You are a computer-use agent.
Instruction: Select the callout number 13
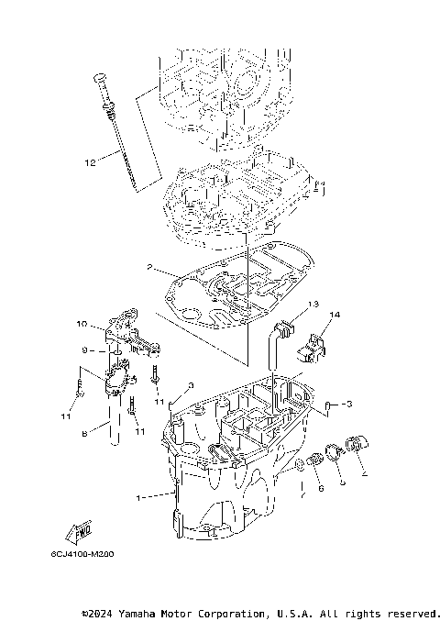(x=313, y=304)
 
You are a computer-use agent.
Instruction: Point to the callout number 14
(x=335, y=316)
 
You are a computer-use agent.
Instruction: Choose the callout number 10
(x=81, y=325)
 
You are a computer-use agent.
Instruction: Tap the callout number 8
(x=82, y=434)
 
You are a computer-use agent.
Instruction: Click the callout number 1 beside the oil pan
(x=140, y=498)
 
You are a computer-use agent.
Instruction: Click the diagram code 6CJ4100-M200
(x=90, y=556)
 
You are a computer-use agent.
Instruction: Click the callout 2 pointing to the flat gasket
(x=148, y=268)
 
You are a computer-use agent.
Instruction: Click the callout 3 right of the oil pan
(x=348, y=404)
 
